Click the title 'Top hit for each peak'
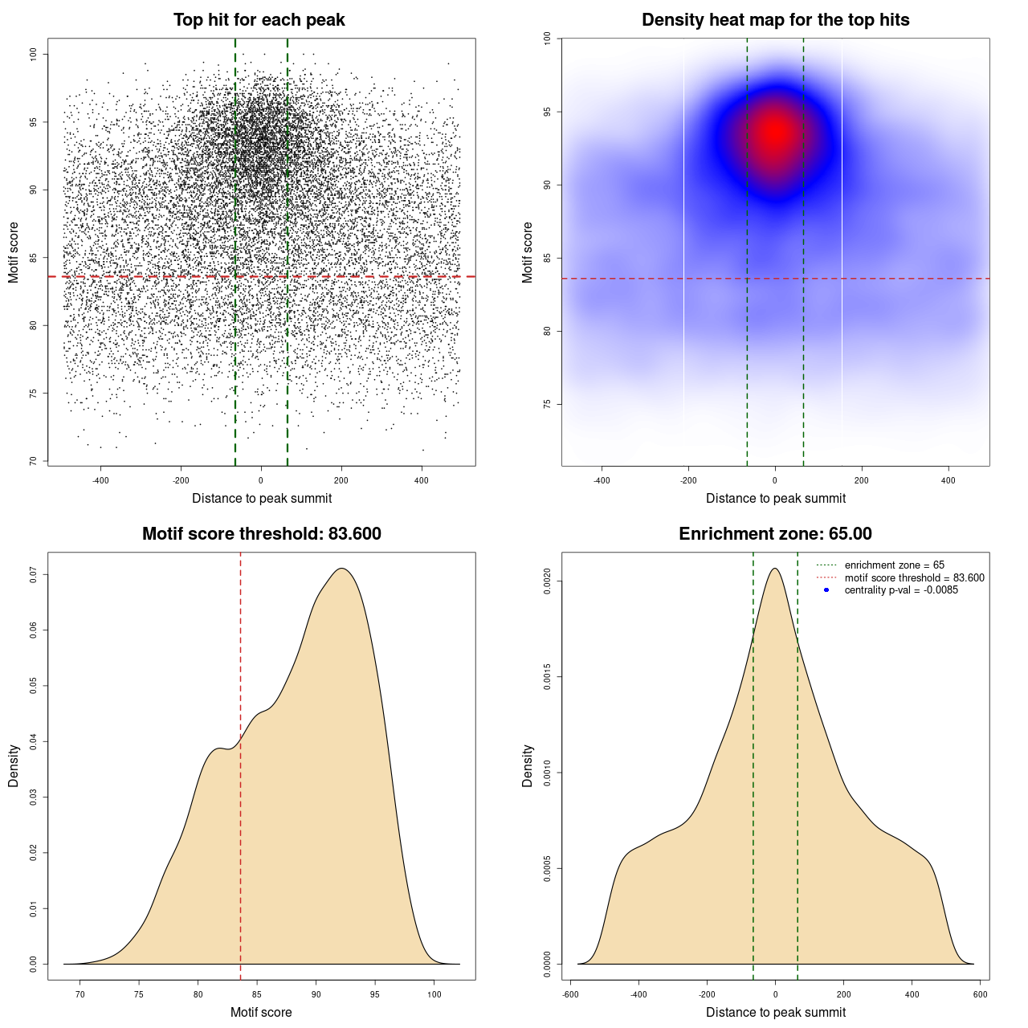(x=259, y=20)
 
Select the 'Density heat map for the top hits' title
(x=775, y=20)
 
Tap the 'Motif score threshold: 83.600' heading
(x=261, y=534)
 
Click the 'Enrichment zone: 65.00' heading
(x=775, y=534)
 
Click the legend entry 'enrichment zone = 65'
(x=894, y=565)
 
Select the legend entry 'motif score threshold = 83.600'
(x=914, y=578)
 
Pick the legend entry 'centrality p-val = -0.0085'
(x=901, y=590)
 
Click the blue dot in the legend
(x=826, y=590)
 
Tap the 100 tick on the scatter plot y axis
(x=34, y=54)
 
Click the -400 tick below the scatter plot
(x=100, y=480)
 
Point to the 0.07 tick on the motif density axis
(x=34, y=574)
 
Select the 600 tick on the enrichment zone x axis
(x=981, y=994)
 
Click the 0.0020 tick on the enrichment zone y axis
(x=548, y=581)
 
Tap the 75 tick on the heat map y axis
(x=548, y=404)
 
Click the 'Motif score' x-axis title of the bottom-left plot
(x=261, y=1012)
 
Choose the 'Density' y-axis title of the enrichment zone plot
(x=528, y=765)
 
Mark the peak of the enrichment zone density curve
(x=775, y=569)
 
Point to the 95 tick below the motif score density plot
(x=375, y=994)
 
